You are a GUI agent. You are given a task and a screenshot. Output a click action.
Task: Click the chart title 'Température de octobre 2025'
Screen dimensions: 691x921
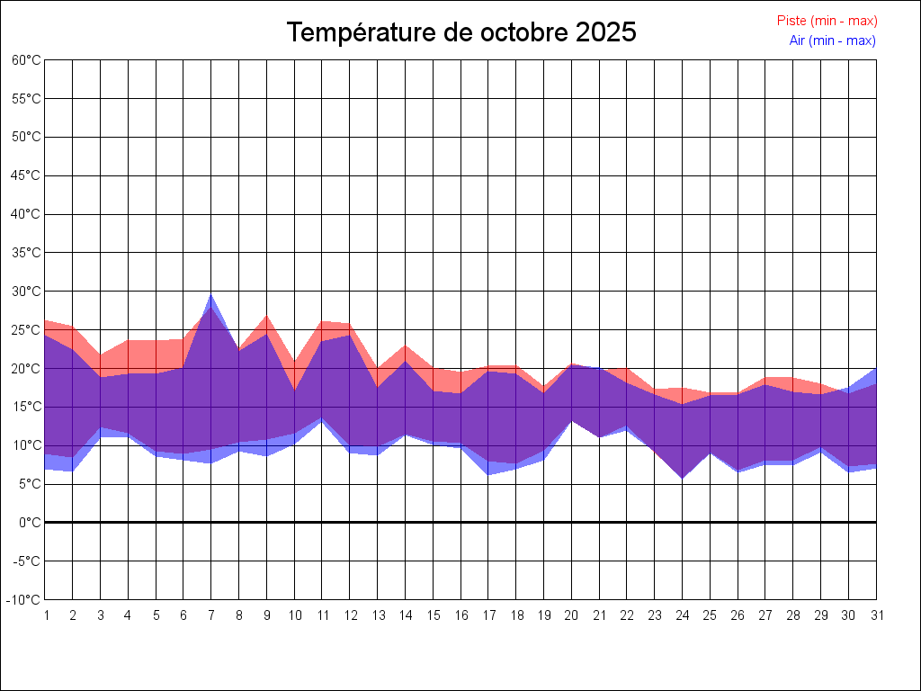(461, 32)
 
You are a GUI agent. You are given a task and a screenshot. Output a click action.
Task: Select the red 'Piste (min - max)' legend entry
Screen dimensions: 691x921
(827, 21)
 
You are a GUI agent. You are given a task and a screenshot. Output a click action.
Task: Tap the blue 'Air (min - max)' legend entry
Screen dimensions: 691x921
(832, 40)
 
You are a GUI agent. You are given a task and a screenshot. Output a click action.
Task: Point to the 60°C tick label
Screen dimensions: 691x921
(27, 60)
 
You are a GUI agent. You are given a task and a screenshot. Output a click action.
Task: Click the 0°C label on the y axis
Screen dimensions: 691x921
(31, 523)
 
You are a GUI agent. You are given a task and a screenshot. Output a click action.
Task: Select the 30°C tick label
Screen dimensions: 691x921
(27, 292)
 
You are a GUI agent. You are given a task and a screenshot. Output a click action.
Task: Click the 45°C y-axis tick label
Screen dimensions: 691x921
(27, 175)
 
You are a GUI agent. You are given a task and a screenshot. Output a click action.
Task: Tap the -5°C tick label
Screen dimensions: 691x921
(29, 561)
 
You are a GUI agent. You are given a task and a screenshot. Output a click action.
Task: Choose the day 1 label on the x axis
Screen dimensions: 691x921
(46, 615)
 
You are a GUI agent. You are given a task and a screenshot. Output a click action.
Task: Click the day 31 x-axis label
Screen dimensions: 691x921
(876, 615)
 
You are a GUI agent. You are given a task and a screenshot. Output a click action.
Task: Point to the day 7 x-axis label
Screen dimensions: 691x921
(211, 615)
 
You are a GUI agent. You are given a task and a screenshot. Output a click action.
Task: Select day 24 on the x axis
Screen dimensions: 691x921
(682, 615)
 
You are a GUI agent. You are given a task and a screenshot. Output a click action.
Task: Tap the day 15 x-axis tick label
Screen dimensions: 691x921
(433, 615)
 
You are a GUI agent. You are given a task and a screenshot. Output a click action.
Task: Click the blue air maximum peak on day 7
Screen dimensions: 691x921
(211, 295)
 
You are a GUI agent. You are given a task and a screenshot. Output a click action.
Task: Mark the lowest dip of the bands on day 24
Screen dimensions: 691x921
(682, 477)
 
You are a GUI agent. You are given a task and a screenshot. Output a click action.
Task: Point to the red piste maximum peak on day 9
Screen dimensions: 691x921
(267, 316)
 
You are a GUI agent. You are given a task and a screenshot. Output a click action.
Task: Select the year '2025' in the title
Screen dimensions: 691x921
(606, 32)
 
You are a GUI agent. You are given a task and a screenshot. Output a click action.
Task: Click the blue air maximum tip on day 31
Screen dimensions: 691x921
(875, 370)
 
